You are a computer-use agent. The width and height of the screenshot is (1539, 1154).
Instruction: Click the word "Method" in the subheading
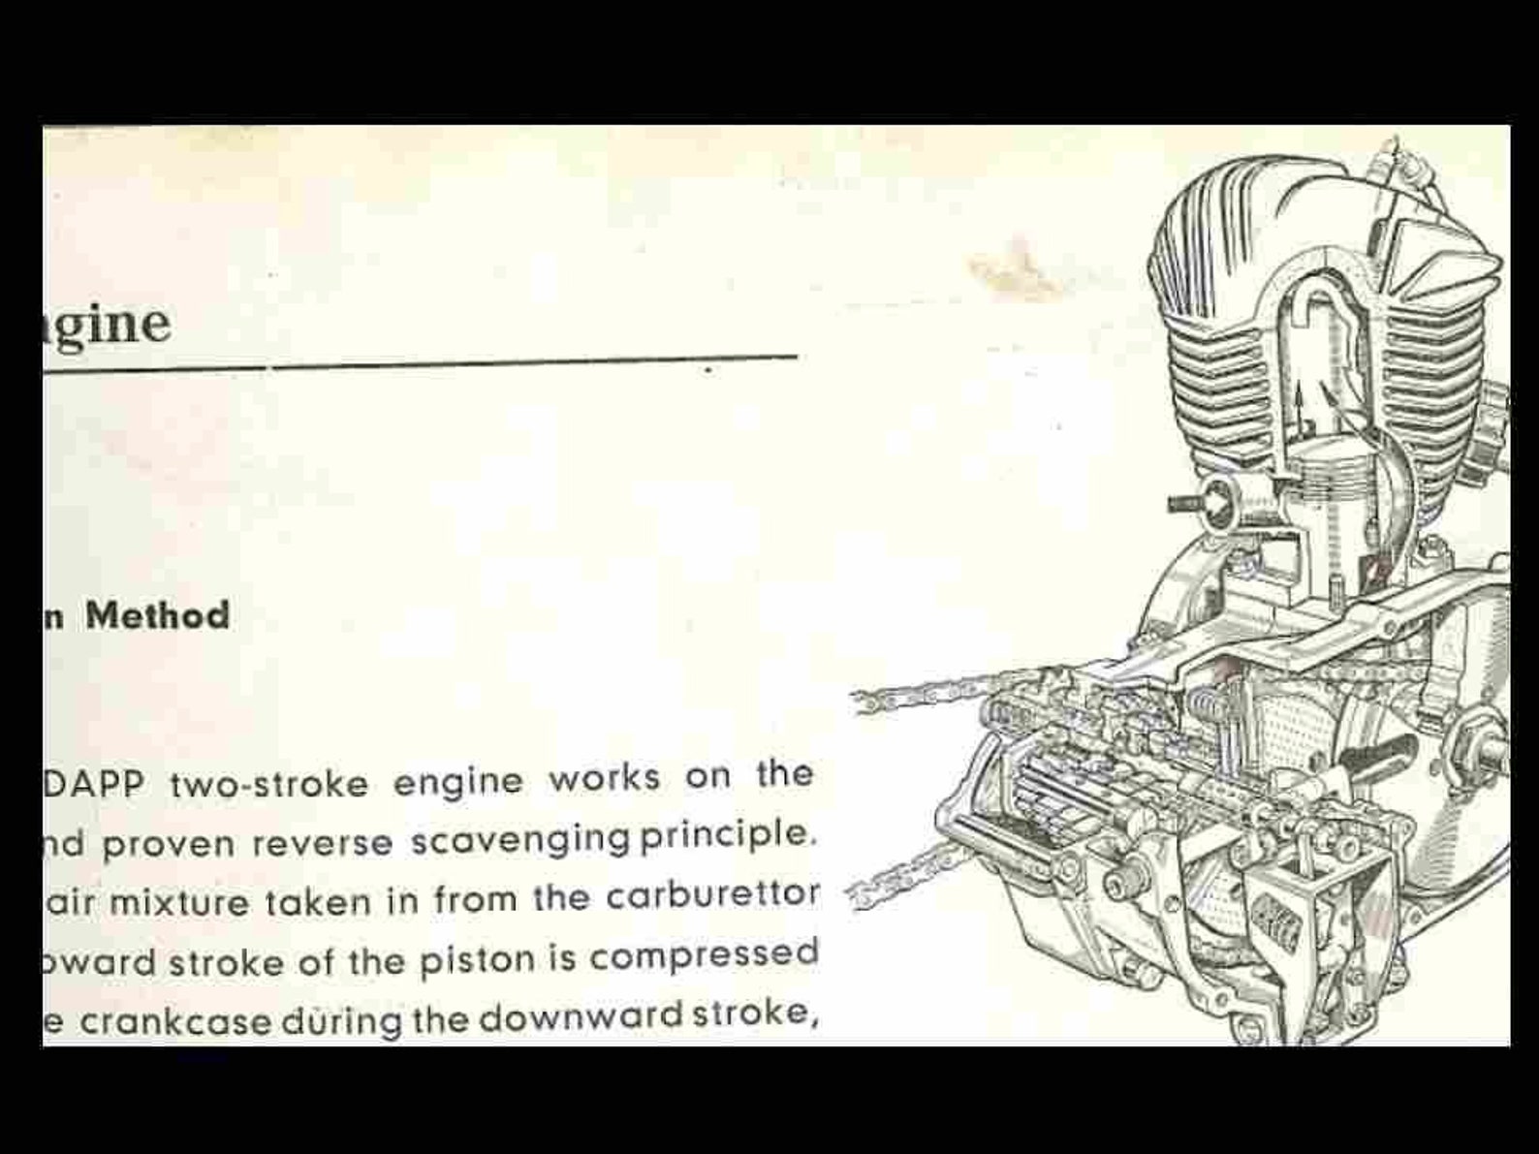point(157,616)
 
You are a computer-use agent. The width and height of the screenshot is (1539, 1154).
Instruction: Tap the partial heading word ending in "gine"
point(107,323)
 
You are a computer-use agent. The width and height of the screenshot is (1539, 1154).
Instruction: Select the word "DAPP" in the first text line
point(93,784)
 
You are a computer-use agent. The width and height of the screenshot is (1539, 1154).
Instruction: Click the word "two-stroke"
point(269,783)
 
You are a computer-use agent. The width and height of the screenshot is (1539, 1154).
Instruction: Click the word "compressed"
point(704,956)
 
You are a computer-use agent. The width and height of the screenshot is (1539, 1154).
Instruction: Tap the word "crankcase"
point(175,1022)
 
